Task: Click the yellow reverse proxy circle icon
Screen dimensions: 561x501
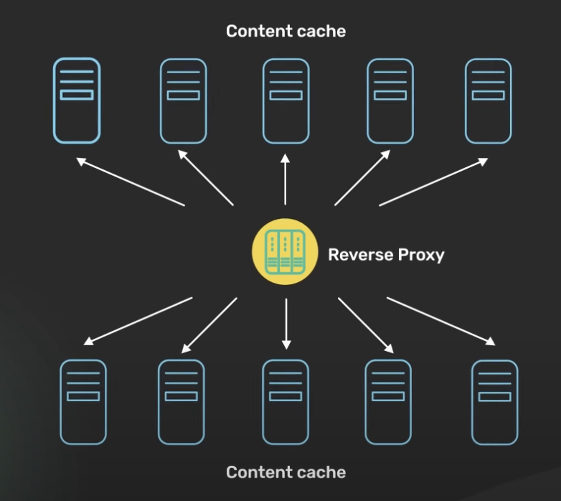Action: coord(285,251)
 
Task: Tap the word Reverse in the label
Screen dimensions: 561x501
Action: coord(361,255)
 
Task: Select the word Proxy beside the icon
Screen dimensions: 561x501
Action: coord(421,256)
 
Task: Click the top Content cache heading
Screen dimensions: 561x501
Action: coord(286,31)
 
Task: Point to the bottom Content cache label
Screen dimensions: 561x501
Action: coord(286,472)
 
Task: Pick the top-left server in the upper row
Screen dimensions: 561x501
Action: coord(77,100)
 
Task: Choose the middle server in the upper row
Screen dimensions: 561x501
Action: coord(286,101)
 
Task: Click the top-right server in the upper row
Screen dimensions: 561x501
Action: coord(489,101)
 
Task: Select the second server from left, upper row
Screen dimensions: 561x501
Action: coord(184,101)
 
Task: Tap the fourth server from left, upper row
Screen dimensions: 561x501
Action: coord(390,101)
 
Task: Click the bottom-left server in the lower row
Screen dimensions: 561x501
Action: coord(83,402)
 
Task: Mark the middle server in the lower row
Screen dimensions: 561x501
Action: coord(286,402)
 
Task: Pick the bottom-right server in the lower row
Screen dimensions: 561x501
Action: coord(495,403)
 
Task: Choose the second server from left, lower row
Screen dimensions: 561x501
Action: coord(181,402)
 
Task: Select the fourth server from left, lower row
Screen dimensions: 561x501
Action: coord(388,402)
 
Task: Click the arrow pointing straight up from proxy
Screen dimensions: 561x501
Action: coord(285,179)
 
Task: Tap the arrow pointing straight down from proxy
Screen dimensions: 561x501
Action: coord(286,324)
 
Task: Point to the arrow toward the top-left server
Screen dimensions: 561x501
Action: coord(131,182)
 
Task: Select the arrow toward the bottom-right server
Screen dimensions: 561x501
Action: coord(441,322)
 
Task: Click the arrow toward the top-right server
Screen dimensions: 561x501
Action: coord(433,182)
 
